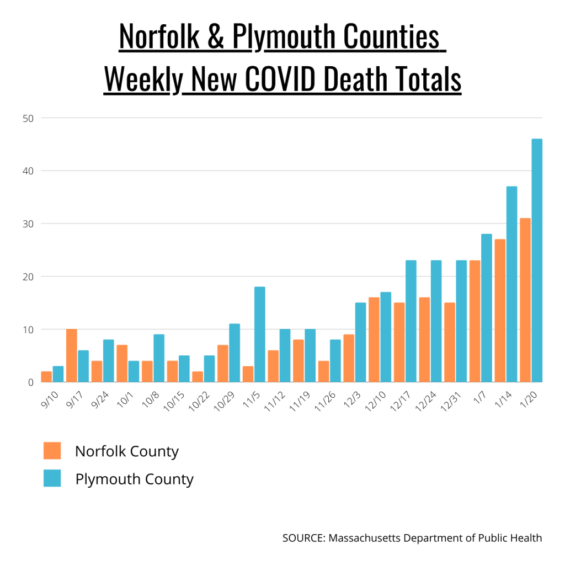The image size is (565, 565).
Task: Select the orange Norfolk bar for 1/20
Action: [x=525, y=300]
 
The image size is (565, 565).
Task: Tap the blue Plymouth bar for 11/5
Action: [x=260, y=334]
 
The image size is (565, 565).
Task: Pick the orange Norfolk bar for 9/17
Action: [x=72, y=355]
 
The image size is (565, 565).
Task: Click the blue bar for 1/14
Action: [x=511, y=284]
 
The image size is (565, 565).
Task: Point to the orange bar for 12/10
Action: [x=374, y=340]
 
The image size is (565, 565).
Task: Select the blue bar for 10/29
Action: [x=234, y=353]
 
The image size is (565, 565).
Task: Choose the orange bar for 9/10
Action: [x=46, y=377]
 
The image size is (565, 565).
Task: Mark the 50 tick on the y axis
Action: [x=28, y=118]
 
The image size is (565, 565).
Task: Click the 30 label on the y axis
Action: [x=28, y=224]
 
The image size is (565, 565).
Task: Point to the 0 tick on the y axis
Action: [x=31, y=382]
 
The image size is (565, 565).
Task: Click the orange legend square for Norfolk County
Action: [x=52, y=451]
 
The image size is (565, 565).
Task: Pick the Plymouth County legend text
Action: [x=134, y=479]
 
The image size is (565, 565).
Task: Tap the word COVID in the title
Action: [x=280, y=79]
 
